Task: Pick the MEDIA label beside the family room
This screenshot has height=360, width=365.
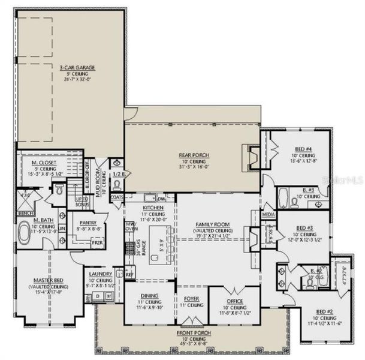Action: tap(269, 214)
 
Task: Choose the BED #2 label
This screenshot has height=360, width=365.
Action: tap(324, 311)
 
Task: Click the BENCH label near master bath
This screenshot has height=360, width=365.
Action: tap(25, 213)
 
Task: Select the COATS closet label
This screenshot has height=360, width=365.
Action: tap(117, 196)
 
